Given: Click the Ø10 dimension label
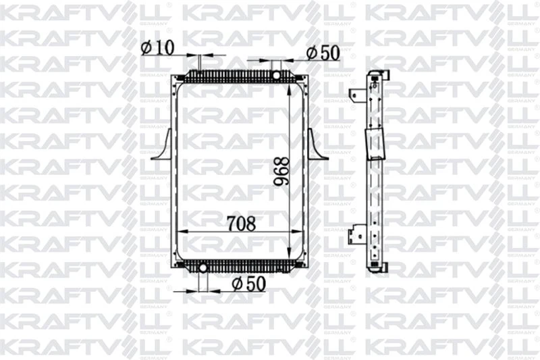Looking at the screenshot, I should pos(158,47).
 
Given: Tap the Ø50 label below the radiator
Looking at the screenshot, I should pos(248,284).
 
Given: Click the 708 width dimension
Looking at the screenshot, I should pos(240,224).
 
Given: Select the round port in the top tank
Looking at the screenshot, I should pos(277,71).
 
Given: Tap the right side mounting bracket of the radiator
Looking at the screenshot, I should pos(317,145).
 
